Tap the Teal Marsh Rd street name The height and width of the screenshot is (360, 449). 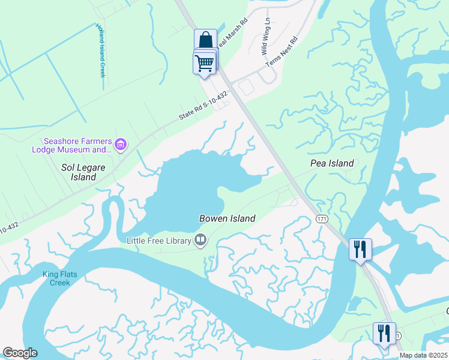click(232, 33)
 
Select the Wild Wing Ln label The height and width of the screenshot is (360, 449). click(265, 37)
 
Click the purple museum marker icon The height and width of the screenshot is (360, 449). click(121, 144)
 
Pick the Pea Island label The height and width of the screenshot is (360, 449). click(331, 163)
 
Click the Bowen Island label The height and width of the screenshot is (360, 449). click(228, 218)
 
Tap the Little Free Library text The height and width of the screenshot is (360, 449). click(158, 241)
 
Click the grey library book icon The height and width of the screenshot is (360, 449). click(200, 241)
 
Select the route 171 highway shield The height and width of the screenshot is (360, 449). click(322, 220)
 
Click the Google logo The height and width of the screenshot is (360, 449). click(20, 353)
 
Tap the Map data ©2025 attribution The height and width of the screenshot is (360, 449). click(423, 355)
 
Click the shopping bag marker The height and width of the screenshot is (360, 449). click(205, 41)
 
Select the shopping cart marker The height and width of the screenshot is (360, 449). click(205, 62)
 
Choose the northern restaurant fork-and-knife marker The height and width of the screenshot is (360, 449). click(360, 249)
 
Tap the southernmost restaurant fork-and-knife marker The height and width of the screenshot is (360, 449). click(384, 333)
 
